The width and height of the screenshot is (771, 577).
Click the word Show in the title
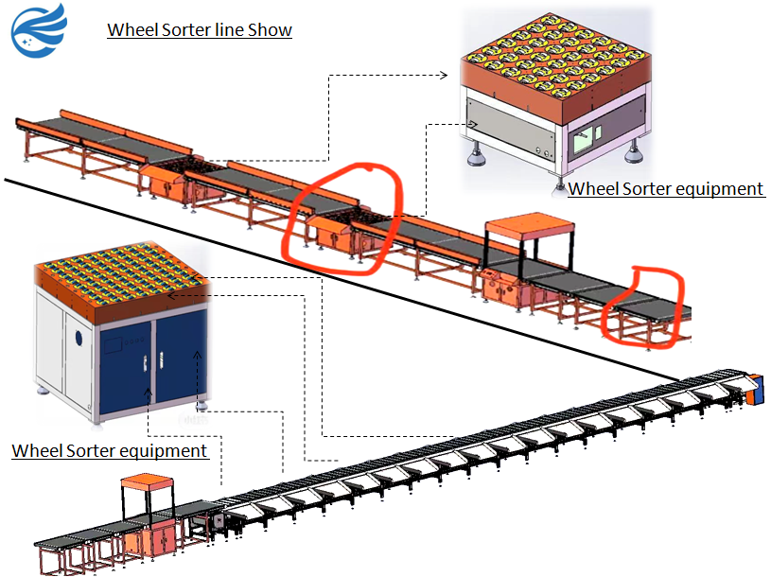270,29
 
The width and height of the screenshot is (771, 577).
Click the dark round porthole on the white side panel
79,338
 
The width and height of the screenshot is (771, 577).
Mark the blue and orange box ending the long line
753,389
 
